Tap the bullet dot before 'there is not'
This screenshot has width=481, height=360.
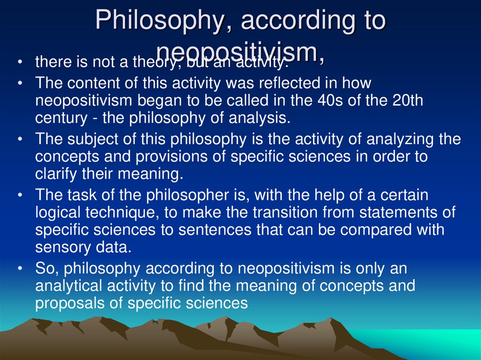click(x=19, y=62)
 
